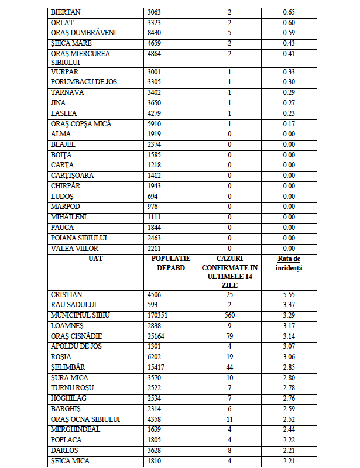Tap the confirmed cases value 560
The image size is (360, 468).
[x=229, y=315]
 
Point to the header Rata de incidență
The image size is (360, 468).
[x=288, y=263]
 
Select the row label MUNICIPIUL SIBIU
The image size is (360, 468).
[x=80, y=315]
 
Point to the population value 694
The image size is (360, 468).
[x=155, y=196]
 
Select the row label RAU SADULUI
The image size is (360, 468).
[x=73, y=305]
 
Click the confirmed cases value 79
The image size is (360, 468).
[x=229, y=336]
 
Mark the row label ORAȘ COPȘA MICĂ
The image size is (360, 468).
[x=81, y=124]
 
